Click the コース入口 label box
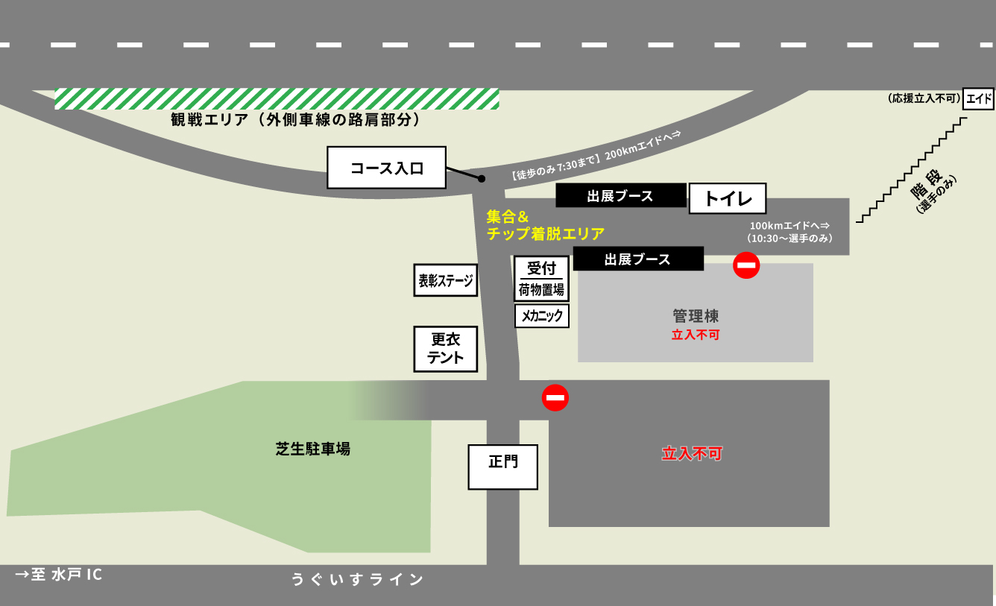(386, 168)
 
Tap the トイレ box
(727, 198)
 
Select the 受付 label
(541, 268)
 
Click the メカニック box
(542, 316)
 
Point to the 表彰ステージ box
(445, 280)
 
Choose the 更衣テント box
(445, 349)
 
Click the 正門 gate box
(502, 467)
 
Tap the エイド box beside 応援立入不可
(978, 98)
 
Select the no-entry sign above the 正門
(555, 397)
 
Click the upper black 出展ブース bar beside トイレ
(620, 196)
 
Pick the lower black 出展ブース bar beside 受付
(637, 259)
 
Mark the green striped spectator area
(277, 98)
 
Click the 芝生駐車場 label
(312, 449)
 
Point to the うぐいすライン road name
(357, 580)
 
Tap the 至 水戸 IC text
(59, 575)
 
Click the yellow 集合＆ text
(508, 217)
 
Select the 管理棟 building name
(695, 317)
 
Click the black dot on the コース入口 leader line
(482, 179)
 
